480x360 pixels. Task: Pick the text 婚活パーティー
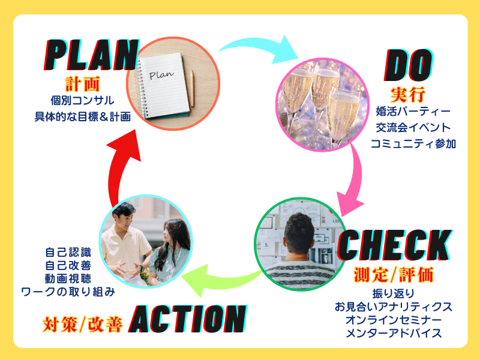412,112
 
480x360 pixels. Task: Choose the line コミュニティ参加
413,144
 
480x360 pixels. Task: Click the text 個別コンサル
82,100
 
